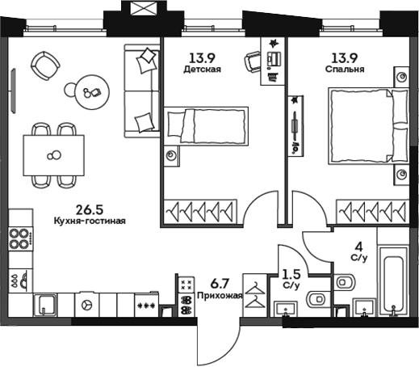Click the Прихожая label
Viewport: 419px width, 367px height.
pos(213,297)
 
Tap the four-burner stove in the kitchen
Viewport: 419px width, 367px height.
pos(19,240)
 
